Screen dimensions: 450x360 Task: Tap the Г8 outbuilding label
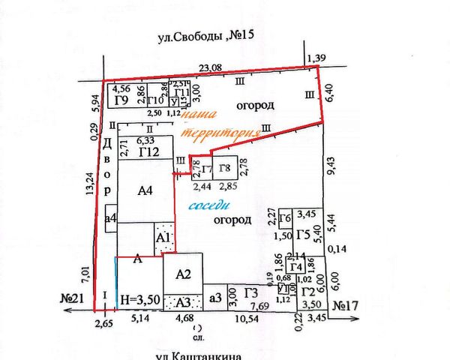tap(225, 169)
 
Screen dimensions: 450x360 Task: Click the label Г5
tap(303, 235)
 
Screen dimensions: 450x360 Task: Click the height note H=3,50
tap(139, 300)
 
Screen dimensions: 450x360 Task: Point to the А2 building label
tap(184, 274)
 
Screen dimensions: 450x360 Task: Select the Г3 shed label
tap(251, 293)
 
